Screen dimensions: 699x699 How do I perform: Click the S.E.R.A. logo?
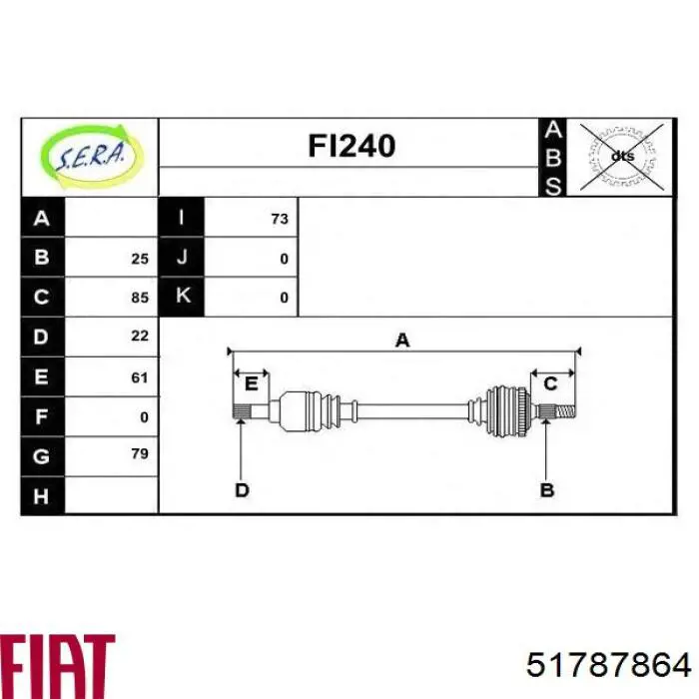pyautogui.click(x=92, y=157)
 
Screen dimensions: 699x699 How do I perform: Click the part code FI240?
pyautogui.click(x=351, y=146)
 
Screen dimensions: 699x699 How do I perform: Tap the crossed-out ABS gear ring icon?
pyautogui.click(x=621, y=157)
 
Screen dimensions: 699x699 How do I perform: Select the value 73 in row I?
pyautogui.click(x=280, y=219)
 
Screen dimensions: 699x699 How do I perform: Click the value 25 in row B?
pyautogui.click(x=140, y=259)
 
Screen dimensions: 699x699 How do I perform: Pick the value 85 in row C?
pyautogui.click(x=140, y=298)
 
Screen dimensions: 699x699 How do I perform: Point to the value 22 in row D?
pyautogui.click(x=140, y=336)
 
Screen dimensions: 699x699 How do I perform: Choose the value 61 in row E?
pyautogui.click(x=140, y=377)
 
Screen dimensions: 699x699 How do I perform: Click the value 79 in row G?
pyautogui.click(x=140, y=453)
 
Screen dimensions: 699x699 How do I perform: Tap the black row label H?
pyautogui.click(x=42, y=495)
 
